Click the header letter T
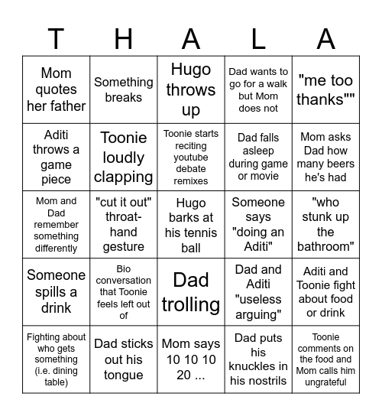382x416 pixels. pyautogui.click(x=56, y=37)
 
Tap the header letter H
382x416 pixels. pyautogui.click(x=123, y=37)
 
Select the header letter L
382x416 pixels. pyautogui.click(x=258, y=37)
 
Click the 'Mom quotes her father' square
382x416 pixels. pyautogui.click(x=56, y=89)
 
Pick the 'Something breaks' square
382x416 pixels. pyautogui.click(x=123, y=89)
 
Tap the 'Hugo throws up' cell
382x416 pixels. pyautogui.click(x=191, y=89)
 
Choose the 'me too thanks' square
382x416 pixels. pyautogui.click(x=325, y=89)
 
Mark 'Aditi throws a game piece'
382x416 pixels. pyautogui.click(x=56, y=157)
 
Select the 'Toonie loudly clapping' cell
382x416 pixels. pyautogui.click(x=123, y=157)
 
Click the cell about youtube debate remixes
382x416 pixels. pyautogui.click(x=191, y=157)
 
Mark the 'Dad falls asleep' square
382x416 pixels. pyautogui.click(x=258, y=157)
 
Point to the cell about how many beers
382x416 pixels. pyautogui.click(x=325, y=157)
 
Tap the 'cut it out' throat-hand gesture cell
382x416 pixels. pyautogui.click(x=123, y=224)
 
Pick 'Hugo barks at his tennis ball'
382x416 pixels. pyautogui.click(x=191, y=224)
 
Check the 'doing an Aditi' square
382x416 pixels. pyautogui.click(x=258, y=224)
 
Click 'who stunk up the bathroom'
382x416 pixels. pyautogui.click(x=325, y=224)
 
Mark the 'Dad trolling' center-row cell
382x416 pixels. pyautogui.click(x=191, y=292)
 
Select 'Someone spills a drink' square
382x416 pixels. pyautogui.click(x=56, y=292)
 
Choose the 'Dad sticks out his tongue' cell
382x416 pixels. pyautogui.click(x=123, y=359)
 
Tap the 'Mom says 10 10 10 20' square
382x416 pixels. pyautogui.click(x=191, y=359)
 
